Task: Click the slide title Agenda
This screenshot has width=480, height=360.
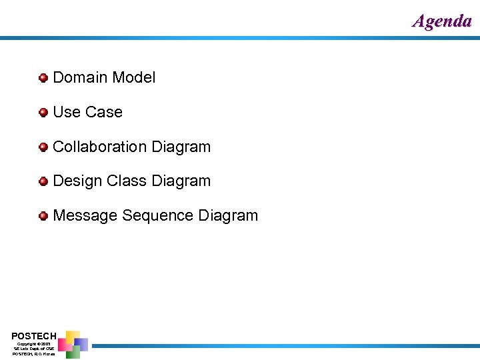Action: click(x=442, y=21)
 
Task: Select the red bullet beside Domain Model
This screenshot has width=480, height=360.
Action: click(x=43, y=77)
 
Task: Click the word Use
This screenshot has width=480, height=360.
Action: click(x=65, y=112)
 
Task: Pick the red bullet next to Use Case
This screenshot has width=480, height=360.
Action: click(x=43, y=112)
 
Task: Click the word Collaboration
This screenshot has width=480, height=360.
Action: click(x=100, y=147)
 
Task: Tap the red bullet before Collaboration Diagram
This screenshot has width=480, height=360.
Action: click(x=43, y=147)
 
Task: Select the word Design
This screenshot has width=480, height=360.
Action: click(x=77, y=181)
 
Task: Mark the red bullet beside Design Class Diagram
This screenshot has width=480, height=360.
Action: click(x=43, y=181)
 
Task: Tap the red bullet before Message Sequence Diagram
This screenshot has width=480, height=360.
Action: click(x=43, y=216)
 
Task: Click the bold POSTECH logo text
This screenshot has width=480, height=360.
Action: click(x=34, y=335)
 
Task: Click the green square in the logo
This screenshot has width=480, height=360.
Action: click(x=73, y=353)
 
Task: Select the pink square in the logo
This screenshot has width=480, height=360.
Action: click(x=64, y=345)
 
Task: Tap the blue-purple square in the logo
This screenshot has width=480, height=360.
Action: click(x=81, y=343)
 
